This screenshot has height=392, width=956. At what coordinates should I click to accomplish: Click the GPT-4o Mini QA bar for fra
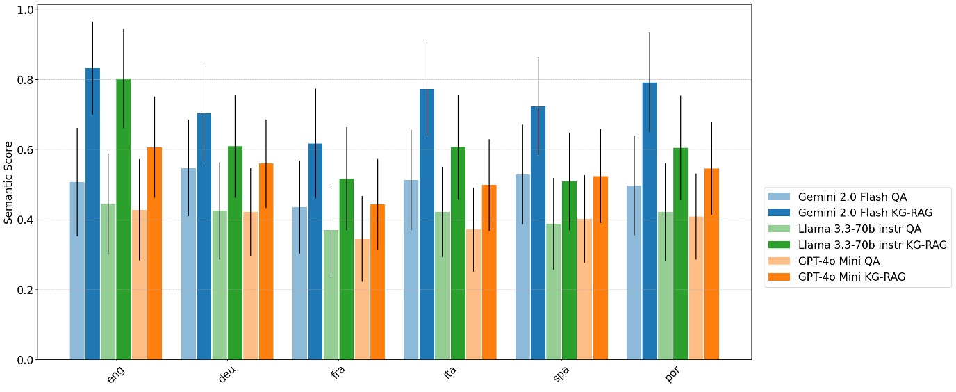[361, 299]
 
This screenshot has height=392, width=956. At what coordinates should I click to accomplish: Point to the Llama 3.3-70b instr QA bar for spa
[554, 291]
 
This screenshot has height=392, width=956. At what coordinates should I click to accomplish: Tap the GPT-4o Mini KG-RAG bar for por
[711, 264]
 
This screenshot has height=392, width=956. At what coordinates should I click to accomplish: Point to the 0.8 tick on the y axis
[26, 80]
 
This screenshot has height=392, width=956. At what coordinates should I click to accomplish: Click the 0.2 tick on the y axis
[26, 290]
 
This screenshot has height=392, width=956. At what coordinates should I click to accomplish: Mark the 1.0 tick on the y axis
[26, 10]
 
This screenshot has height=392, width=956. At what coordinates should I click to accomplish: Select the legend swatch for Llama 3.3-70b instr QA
[780, 229]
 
